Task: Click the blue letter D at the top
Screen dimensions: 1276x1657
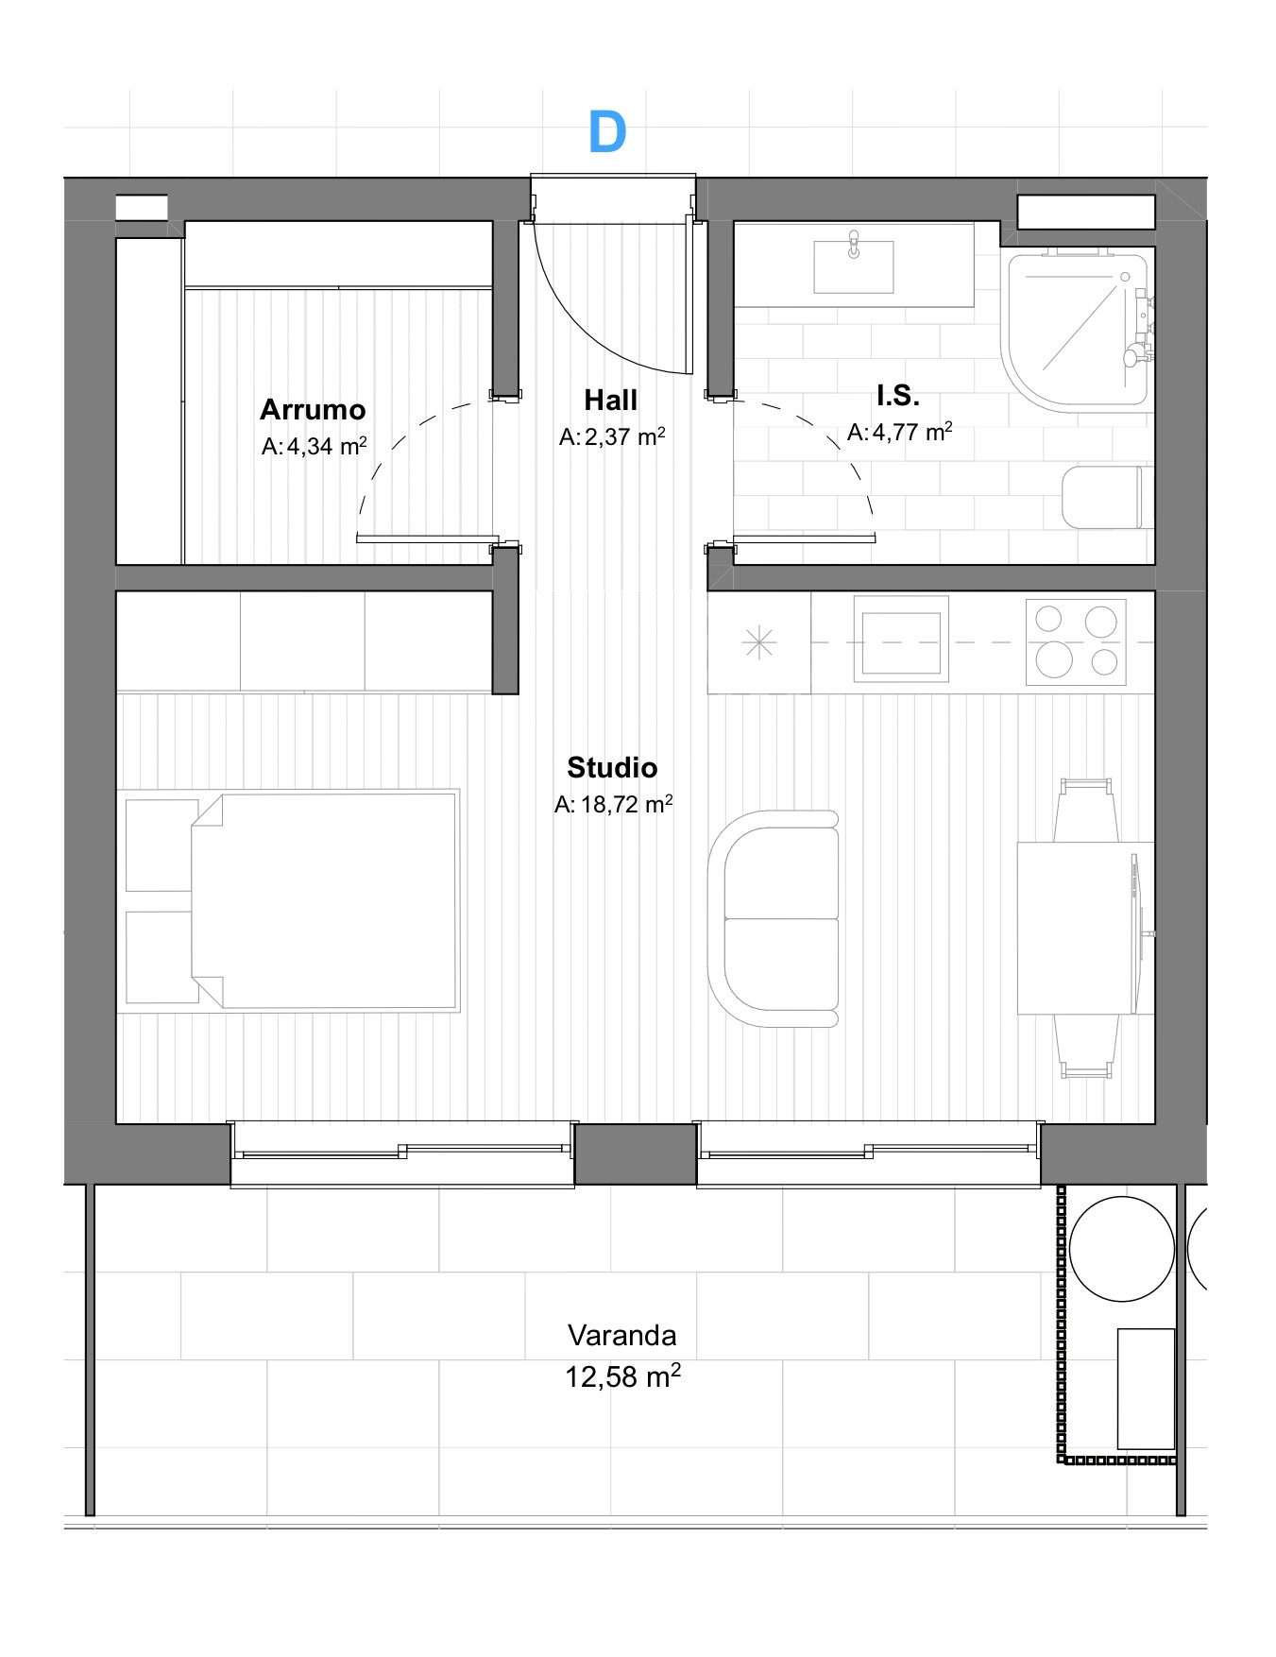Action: click(607, 132)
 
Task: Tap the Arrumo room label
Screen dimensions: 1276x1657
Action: click(313, 409)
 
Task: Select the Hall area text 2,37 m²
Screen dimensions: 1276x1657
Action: click(612, 436)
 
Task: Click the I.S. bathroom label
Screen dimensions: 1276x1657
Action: click(897, 395)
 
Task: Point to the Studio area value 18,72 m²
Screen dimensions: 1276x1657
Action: click(614, 804)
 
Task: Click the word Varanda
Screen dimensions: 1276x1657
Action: click(622, 1335)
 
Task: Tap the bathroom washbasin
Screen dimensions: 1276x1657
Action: click(854, 265)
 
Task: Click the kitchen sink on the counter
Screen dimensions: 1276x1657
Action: click(901, 639)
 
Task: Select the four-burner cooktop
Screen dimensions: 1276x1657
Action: click(1076, 641)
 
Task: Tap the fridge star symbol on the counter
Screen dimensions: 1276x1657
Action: click(759, 643)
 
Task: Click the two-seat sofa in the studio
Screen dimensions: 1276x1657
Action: click(774, 918)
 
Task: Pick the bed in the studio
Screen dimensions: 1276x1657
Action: click(324, 900)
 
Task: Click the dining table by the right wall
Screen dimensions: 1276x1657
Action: click(1085, 928)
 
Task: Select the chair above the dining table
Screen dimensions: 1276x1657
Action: click(1086, 811)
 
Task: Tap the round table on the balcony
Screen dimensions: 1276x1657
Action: click(1122, 1249)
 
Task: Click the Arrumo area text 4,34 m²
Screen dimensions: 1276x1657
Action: click(314, 446)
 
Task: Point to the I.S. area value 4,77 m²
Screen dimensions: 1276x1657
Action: click(899, 432)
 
